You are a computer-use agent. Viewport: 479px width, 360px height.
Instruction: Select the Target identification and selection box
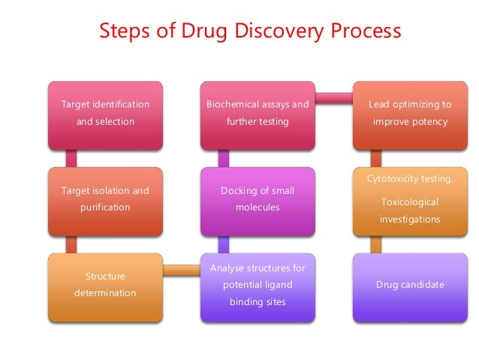click(105, 113)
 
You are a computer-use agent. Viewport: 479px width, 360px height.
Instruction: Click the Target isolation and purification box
click(105, 199)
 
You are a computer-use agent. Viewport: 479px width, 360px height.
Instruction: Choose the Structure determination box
click(105, 285)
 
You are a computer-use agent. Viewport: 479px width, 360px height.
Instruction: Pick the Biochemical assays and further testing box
click(258, 113)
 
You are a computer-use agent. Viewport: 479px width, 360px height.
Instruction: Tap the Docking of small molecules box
click(258, 199)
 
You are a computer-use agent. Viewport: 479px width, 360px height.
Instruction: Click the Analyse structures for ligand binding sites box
click(258, 285)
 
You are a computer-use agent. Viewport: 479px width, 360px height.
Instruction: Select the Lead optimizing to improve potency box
click(410, 113)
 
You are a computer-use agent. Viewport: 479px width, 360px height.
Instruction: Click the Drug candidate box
click(410, 285)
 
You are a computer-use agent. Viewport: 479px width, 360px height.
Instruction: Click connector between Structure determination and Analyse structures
click(181, 269)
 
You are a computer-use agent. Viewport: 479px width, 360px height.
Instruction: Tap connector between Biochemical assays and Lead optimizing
click(333, 97)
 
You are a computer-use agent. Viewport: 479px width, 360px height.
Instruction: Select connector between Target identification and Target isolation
click(72, 157)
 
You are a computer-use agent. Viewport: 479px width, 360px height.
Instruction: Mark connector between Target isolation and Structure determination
click(72, 244)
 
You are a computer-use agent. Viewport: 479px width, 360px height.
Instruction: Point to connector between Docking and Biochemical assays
click(223, 157)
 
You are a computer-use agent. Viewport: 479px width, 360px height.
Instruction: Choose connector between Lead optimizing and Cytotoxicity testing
click(376, 157)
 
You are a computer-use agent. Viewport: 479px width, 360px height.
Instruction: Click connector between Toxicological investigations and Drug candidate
click(376, 244)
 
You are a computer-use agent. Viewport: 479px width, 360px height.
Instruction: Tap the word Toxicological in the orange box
click(410, 202)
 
